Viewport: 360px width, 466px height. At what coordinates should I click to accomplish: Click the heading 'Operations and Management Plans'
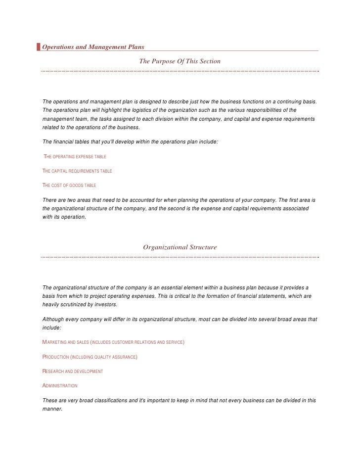tap(93, 47)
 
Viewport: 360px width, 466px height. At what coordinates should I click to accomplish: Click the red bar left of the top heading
tap(39, 47)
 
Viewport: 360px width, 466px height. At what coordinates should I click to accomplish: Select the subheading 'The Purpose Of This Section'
tap(180, 61)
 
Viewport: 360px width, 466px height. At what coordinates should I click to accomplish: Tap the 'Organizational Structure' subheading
tap(180, 247)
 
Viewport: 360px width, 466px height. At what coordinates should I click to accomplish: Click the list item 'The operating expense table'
tap(75, 157)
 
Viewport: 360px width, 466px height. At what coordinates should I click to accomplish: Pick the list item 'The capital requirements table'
tap(78, 171)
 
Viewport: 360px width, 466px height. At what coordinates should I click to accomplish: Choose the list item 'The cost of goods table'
tap(70, 186)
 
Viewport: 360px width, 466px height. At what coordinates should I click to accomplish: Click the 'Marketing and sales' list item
tap(114, 342)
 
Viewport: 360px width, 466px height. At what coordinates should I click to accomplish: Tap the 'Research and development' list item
tap(73, 371)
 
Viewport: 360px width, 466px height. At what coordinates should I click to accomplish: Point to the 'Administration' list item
tap(60, 385)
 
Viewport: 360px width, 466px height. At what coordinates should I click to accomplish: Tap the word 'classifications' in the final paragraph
tap(107, 400)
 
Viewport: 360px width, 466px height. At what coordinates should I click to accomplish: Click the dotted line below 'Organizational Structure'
tap(180, 257)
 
